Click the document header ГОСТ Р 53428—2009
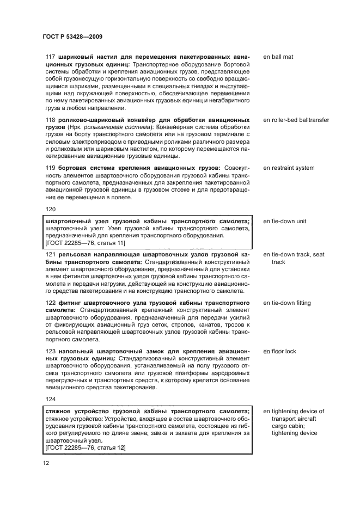(73, 36)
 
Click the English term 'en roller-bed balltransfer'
(296, 119)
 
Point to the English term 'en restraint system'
(289, 168)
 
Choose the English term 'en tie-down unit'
(285, 222)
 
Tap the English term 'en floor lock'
(279, 351)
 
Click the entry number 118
(51, 119)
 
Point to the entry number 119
(51, 168)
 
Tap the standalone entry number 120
(51, 208)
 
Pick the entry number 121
(51, 254)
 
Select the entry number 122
(51, 303)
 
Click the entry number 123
(51, 351)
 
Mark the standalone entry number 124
(51, 398)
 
